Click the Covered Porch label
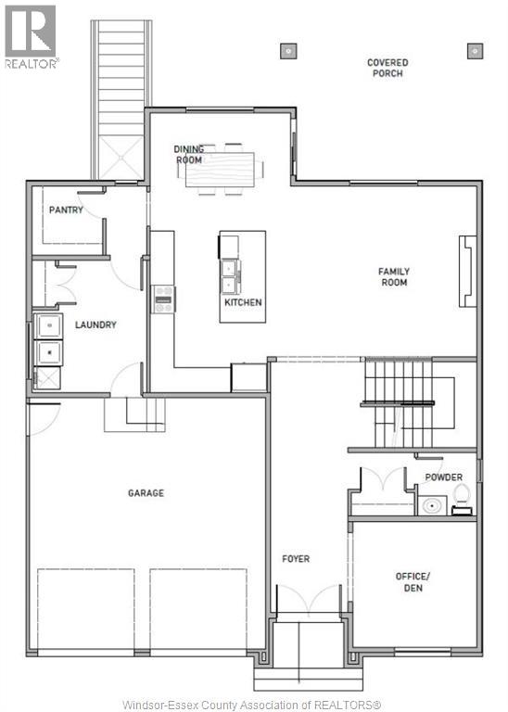(387, 68)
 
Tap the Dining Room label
(189, 154)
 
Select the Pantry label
(66, 210)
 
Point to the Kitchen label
(243, 302)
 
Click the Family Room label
(393, 277)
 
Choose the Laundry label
(95, 324)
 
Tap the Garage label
(146, 493)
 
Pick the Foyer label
(296, 559)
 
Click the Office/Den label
(413, 582)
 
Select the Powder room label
(443, 477)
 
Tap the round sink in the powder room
(430, 506)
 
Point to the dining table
(224, 170)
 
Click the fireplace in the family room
(466, 271)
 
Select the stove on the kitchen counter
(164, 299)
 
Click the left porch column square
(289, 49)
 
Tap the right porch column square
(476, 49)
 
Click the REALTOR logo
(31, 35)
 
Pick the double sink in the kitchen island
(228, 275)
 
